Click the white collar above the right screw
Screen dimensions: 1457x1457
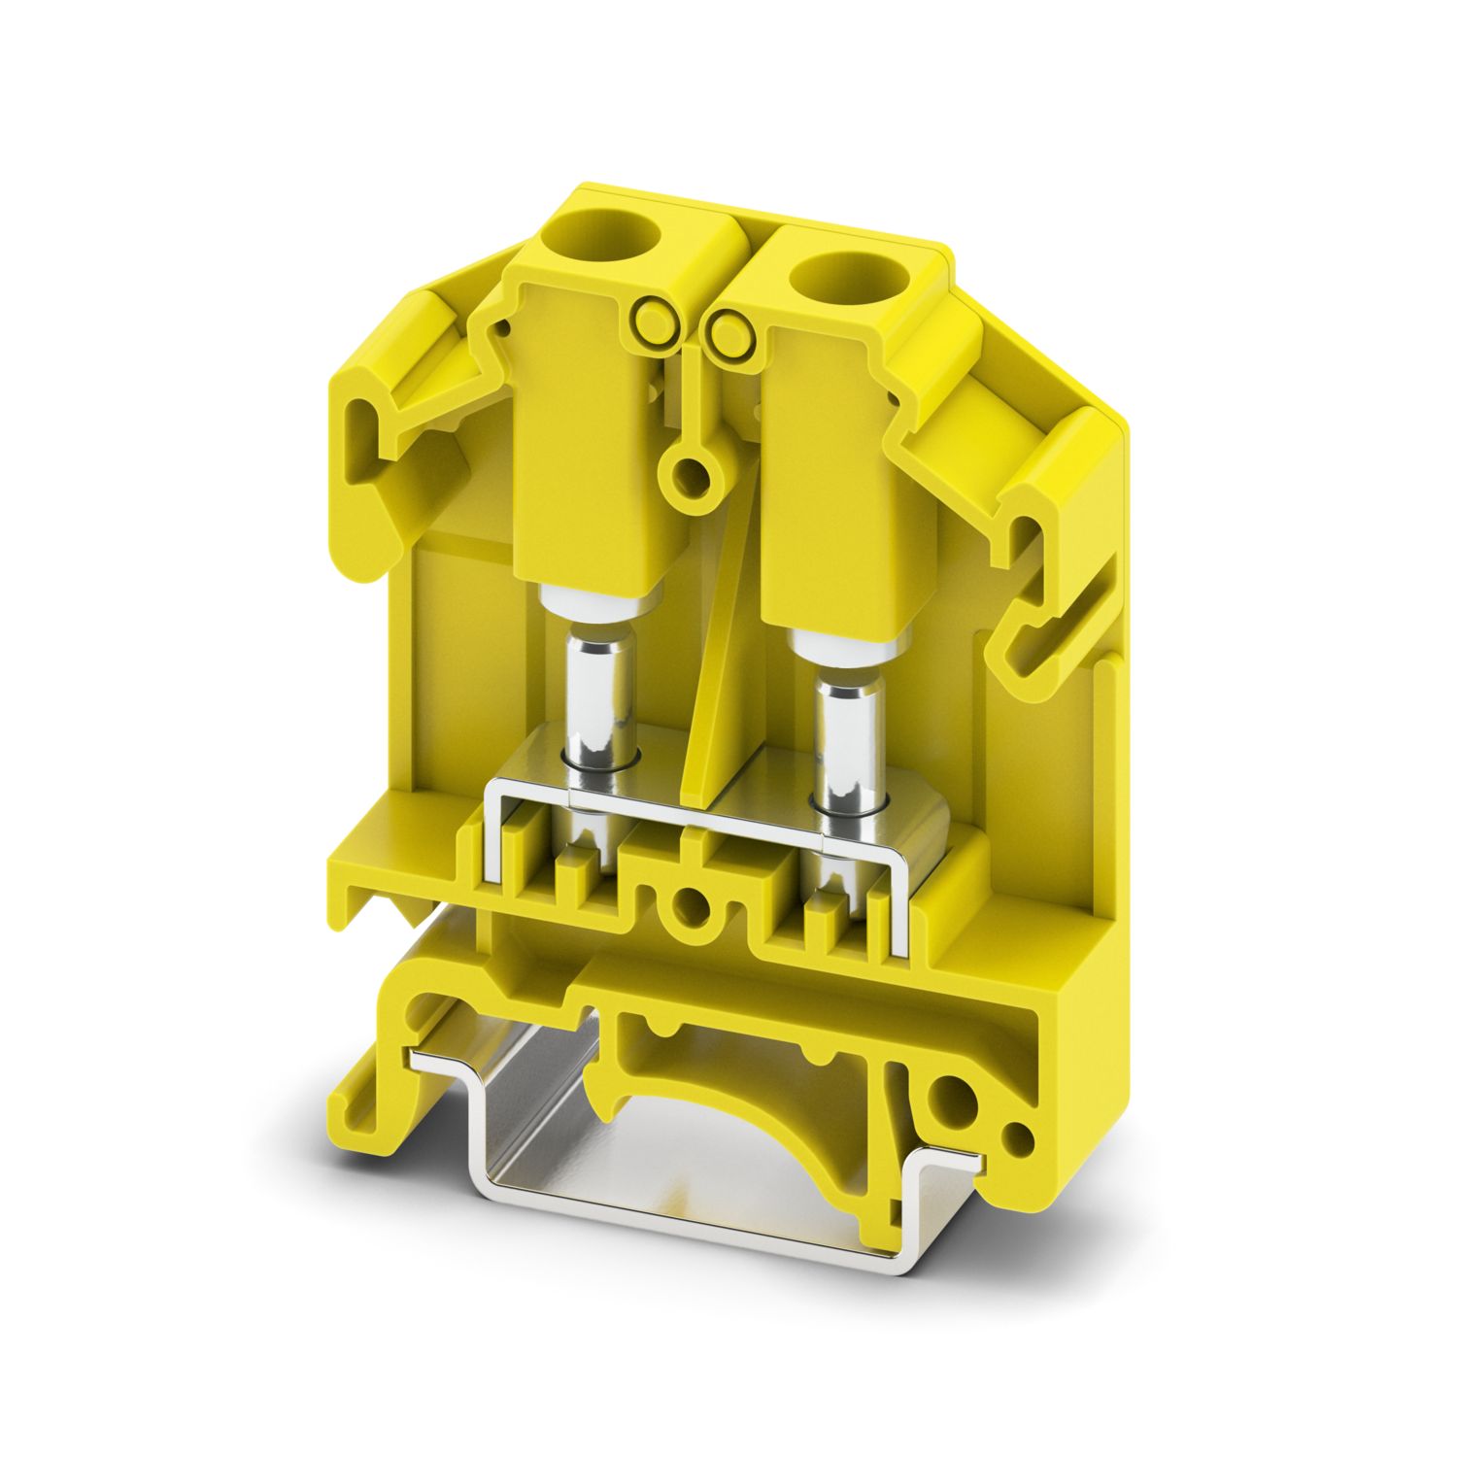pyautogui.click(x=844, y=641)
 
